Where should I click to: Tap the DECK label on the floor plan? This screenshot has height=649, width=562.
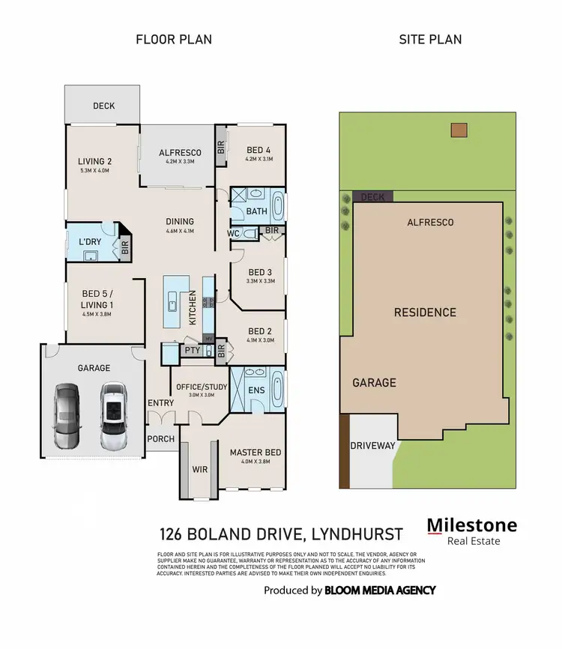pyautogui.click(x=103, y=106)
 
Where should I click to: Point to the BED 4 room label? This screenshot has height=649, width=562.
pyautogui.click(x=258, y=150)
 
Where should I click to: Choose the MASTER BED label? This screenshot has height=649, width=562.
pyautogui.click(x=256, y=452)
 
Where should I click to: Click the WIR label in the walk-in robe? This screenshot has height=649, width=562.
pyautogui.click(x=199, y=469)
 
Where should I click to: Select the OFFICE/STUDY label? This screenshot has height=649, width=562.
pyautogui.click(x=196, y=386)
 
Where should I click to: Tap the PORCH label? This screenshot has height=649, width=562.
pyautogui.click(x=160, y=439)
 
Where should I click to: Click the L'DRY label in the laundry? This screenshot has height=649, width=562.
pyautogui.click(x=90, y=244)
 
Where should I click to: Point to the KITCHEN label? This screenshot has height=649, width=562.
pyautogui.click(x=192, y=307)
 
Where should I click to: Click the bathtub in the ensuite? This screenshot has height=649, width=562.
pyautogui.click(x=277, y=388)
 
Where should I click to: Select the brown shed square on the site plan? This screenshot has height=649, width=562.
pyautogui.click(x=458, y=130)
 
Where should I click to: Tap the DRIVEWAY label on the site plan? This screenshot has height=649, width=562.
pyautogui.click(x=372, y=445)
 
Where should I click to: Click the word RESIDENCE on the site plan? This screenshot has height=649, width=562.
pyautogui.click(x=425, y=312)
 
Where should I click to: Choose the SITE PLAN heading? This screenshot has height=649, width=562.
pyautogui.click(x=429, y=40)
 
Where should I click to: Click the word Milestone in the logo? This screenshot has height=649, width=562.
pyautogui.click(x=471, y=525)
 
